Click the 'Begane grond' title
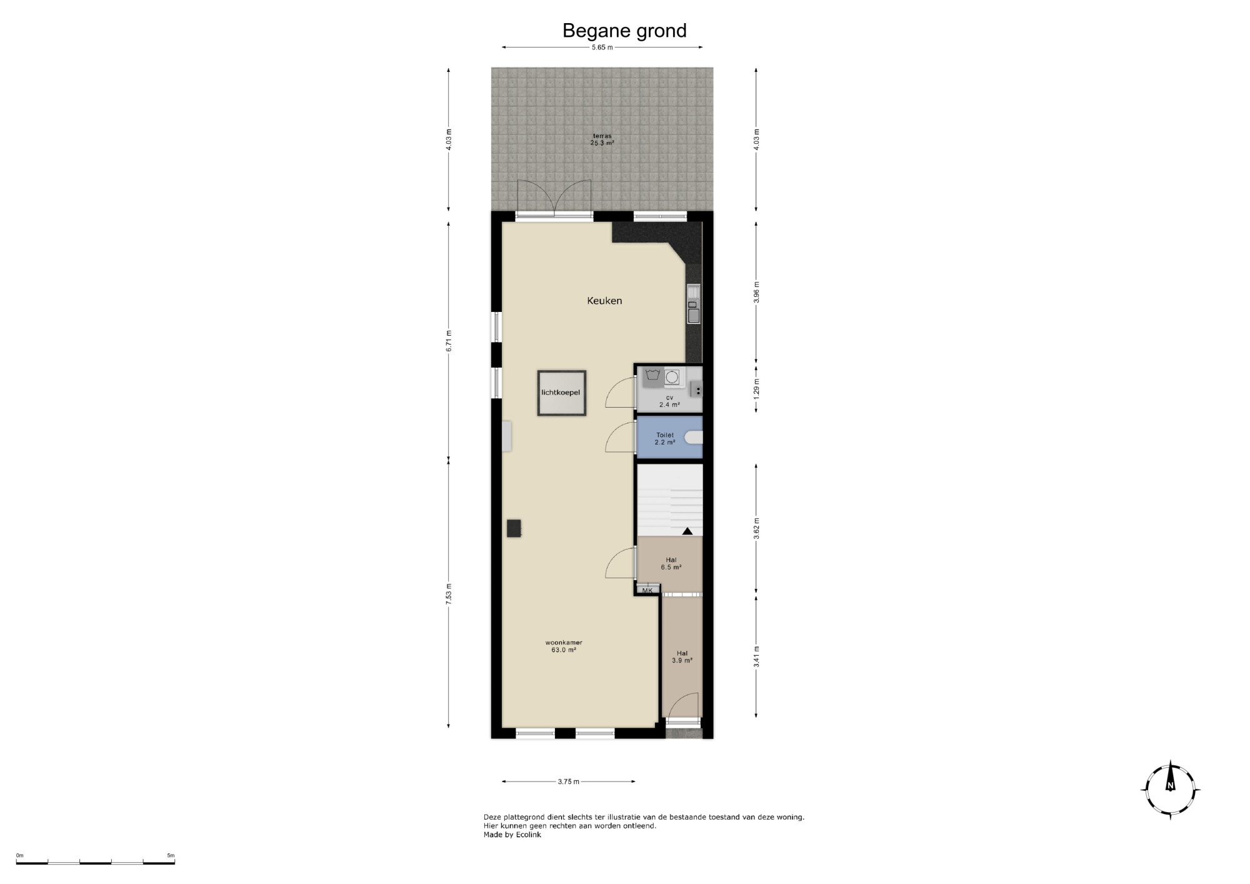(x=624, y=31)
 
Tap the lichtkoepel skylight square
(x=561, y=393)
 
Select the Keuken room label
(x=604, y=301)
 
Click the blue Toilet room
(x=669, y=438)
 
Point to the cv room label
(x=669, y=398)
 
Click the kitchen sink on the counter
(x=694, y=304)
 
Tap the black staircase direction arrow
(x=687, y=531)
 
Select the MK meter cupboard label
(x=647, y=590)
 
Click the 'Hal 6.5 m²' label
(x=671, y=564)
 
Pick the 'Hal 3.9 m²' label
(x=682, y=656)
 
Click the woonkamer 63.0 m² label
(x=564, y=646)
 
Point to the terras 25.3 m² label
(x=602, y=139)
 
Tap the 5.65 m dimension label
(x=602, y=48)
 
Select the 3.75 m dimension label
(x=568, y=781)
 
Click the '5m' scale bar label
(x=171, y=855)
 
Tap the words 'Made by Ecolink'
(x=512, y=835)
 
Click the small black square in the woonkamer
(x=514, y=528)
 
